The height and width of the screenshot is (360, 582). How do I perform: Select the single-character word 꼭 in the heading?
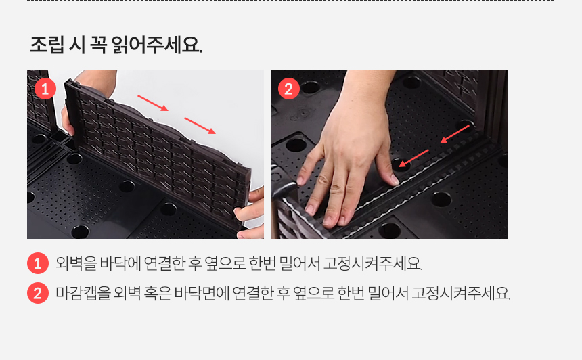pos(98,45)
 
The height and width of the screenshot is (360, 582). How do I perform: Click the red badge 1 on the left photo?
pos(45,89)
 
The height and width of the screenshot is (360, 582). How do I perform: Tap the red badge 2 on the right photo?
pos(289,89)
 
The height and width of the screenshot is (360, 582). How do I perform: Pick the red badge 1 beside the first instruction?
pos(38,263)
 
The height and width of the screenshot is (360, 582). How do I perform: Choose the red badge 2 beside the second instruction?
pos(38,293)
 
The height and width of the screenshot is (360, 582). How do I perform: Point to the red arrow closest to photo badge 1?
pos(153,103)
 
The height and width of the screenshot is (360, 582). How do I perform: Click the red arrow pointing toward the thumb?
pos(413,158)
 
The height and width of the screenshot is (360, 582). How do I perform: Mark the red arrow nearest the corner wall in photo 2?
pos(455,134)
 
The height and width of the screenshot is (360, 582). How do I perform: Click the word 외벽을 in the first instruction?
pos(76,263)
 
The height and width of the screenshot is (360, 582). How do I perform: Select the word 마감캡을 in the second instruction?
pos(83,293)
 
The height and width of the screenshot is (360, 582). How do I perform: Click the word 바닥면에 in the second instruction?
pos(202,293)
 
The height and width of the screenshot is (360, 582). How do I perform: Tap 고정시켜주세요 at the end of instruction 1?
pos(372,263)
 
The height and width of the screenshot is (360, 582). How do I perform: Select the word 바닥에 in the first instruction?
pos(120,263)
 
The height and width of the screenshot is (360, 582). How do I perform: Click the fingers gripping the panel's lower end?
pos(250,212)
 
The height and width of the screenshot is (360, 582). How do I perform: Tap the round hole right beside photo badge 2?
pos(310,87)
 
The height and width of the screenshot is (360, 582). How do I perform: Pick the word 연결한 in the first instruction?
pos(164,263)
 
